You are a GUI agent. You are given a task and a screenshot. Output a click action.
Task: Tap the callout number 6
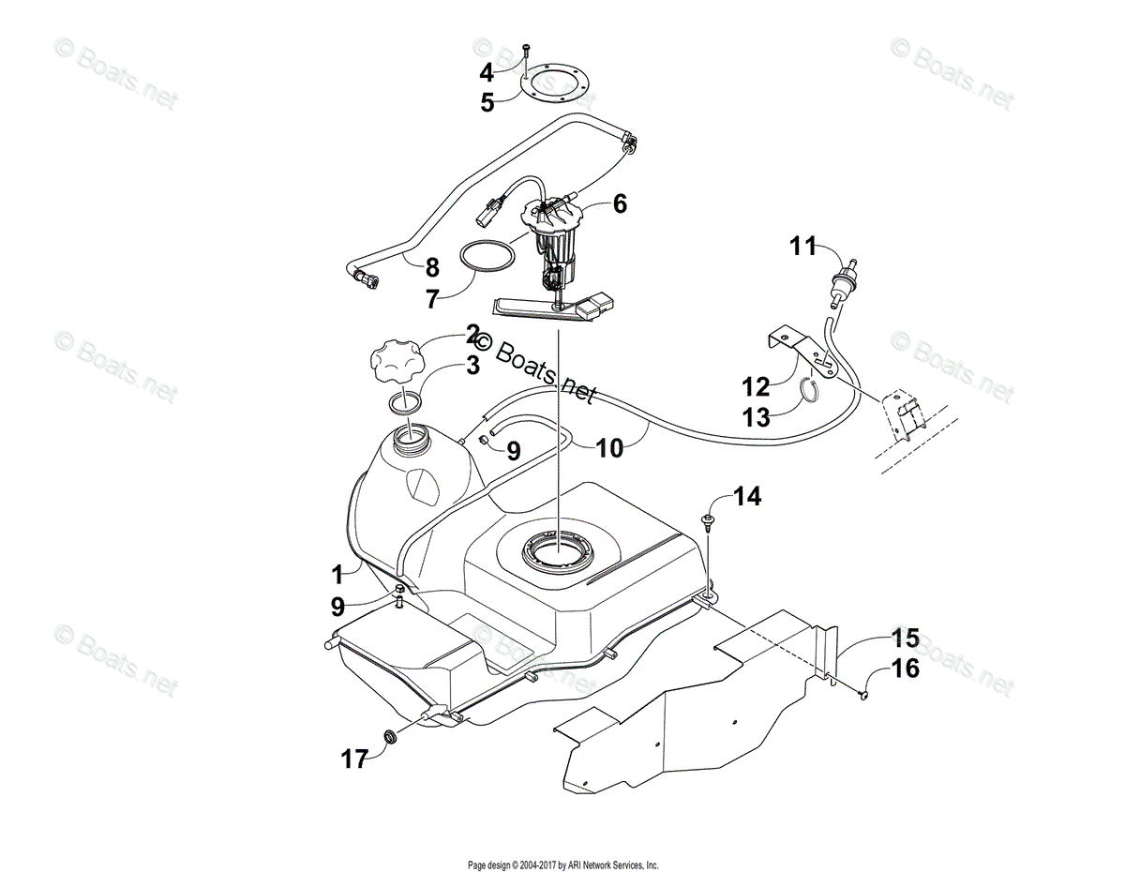tap(620, 203)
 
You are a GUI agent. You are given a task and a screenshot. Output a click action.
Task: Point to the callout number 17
tap(353, 759)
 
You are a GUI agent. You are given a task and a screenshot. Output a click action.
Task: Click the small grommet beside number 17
tap(388, 740)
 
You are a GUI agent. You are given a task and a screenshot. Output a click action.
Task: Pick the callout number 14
tap(747, 496)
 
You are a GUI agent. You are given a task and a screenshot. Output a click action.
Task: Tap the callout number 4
tap(487, 72)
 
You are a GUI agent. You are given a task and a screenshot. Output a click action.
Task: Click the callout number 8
tap(431, 267)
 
